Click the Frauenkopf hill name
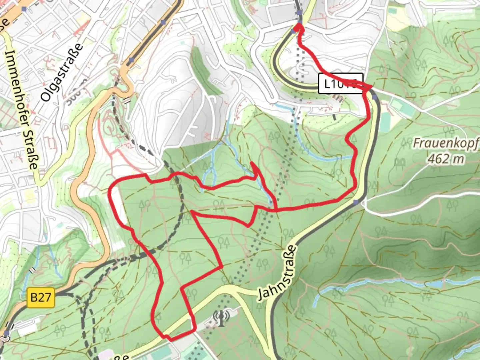point(446,143)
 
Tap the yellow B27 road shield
point(40,297)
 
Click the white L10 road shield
point(340,83)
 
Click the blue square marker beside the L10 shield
point(375,97)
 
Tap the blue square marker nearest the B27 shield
point(7,333)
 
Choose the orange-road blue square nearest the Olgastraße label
point(132,60)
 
